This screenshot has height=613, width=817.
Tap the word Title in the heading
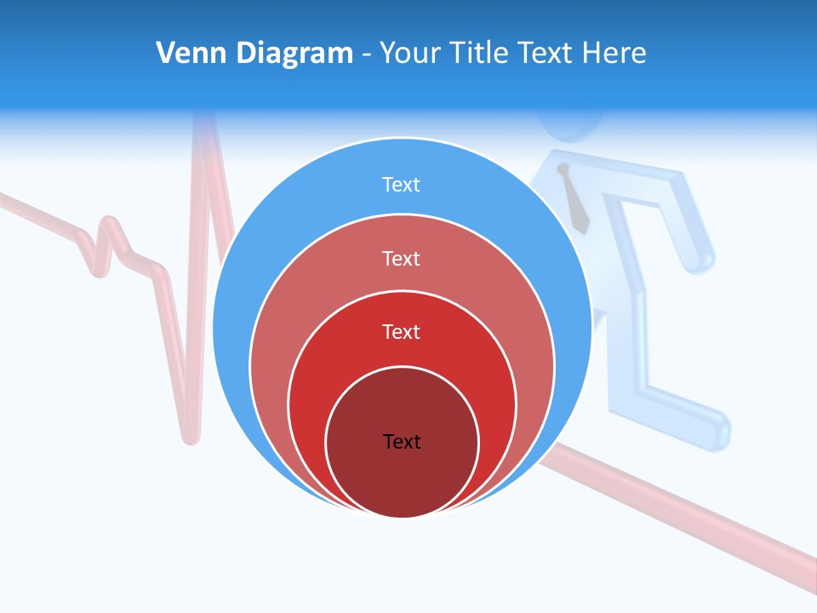[x=480, y=54]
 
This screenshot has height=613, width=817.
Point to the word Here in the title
[x=614, y=54]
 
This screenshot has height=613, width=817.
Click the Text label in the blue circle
[x=402, y=185]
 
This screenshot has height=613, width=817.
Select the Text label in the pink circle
[x=402, y=258]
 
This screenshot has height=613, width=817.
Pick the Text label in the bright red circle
[x=402, y=331]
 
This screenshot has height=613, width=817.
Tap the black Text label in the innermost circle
[x=402, y=441]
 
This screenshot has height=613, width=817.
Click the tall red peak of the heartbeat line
[x=203, y=128]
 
